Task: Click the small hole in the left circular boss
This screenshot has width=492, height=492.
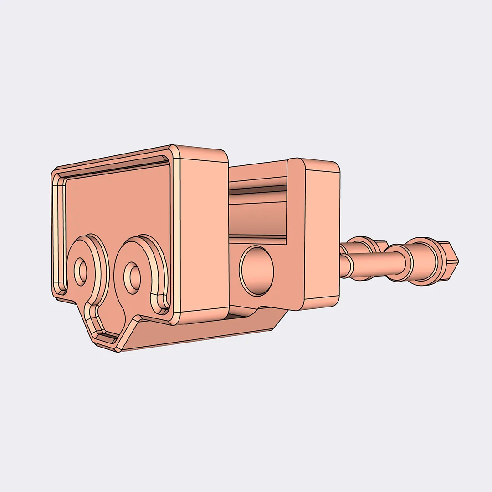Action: point(82,271)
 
